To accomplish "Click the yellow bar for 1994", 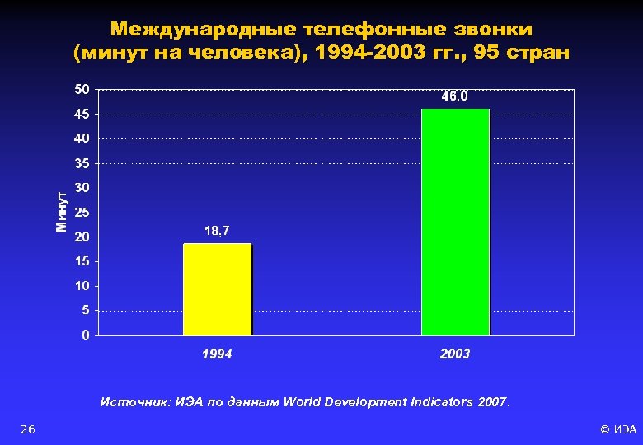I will (218, 289).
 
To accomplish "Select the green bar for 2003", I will (455, 222).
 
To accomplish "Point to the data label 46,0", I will (454, 97).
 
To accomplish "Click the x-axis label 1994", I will (218, 354).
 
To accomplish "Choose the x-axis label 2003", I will (455, 354).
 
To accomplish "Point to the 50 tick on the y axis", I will (82, 89).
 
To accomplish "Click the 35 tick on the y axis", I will (82, 163).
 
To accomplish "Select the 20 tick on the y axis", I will (82, 237).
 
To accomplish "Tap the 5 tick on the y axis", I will (86, 311).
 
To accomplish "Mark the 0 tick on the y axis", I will (86, 335).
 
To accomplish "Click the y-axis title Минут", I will (61, 211).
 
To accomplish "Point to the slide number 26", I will (28, 429).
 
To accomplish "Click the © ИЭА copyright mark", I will (618, 429).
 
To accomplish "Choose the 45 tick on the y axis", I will (82, 114).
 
